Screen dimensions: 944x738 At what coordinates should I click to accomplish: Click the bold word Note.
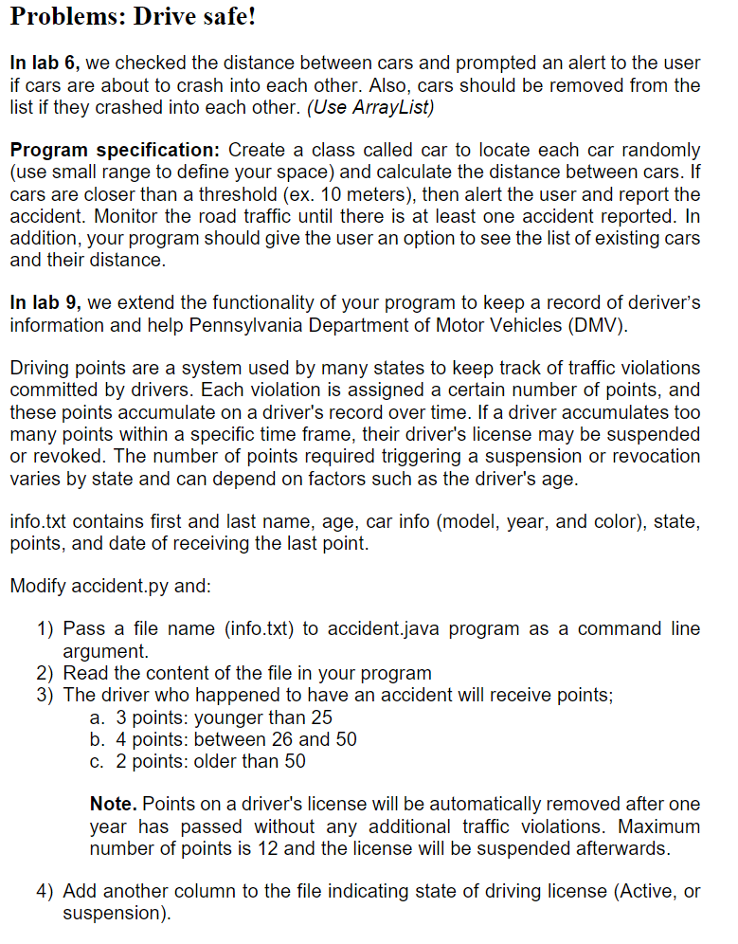point(113,804)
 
